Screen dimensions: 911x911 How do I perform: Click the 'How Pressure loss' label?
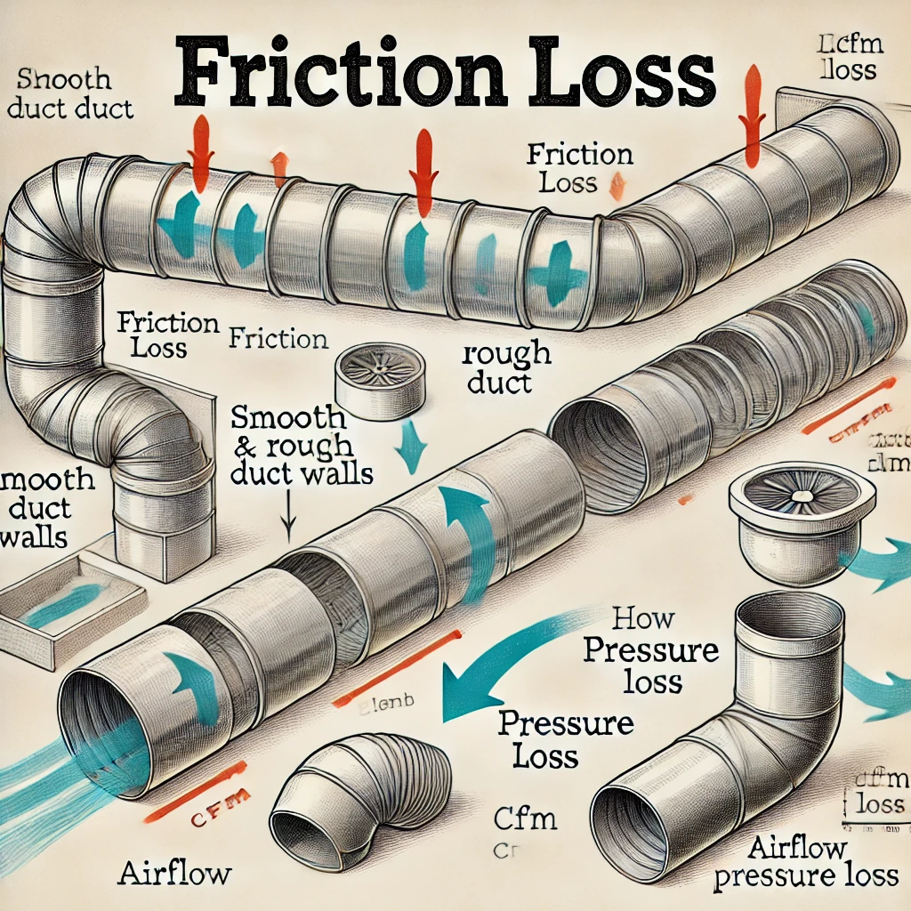tap(649, 650)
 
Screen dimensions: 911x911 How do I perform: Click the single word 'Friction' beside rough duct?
tap(278, 339)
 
